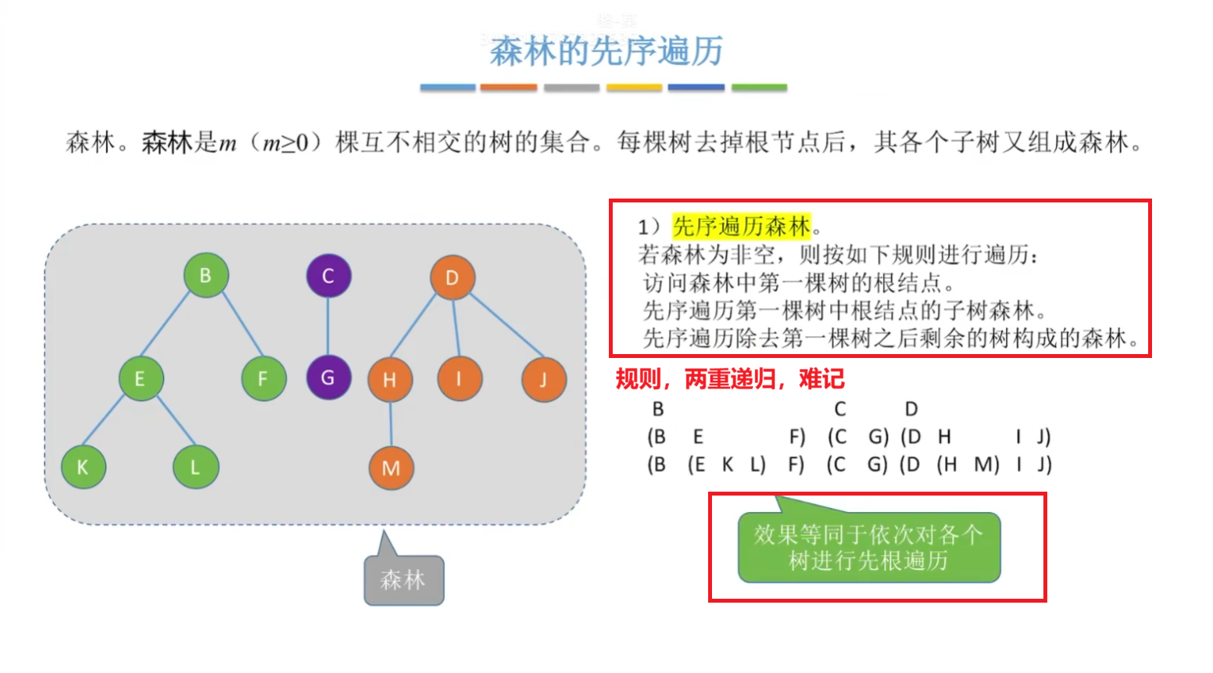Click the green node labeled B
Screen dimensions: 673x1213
point(206,275)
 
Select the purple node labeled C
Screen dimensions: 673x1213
point(328,275)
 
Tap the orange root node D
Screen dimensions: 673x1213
point(452,277)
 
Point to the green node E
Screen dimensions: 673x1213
point(141,379)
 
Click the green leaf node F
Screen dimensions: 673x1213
point(263,379)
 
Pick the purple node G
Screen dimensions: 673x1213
point(328,378)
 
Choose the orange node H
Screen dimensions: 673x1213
point(390,380)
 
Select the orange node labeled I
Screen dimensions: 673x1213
point(460,379)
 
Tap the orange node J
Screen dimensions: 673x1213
point(543,380)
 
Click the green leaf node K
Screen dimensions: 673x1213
point(83,467)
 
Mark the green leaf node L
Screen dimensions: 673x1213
point(195,467)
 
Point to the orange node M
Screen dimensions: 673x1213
point(391,467)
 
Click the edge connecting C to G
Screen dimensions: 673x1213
point(328,327)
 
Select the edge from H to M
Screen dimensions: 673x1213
point(391,424)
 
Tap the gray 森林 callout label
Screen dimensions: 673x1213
point(403,580)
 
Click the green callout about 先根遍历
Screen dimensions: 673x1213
point(868,547)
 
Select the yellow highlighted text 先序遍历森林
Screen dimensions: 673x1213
point(741,227)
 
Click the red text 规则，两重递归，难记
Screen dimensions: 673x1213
point(729,379)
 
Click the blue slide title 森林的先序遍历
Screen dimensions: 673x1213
point(606,52)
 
